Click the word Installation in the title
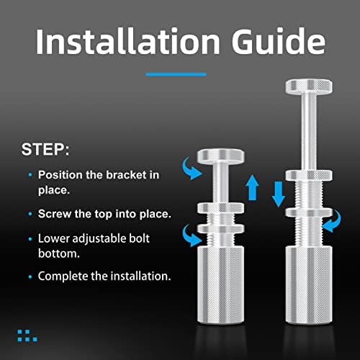coord(127,42)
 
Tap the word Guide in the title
coord(279,41)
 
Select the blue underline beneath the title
coord(176,75)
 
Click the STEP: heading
coord(45,150)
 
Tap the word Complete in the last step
coord(63,276)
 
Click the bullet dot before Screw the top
coord(30,214)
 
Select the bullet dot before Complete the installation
coord(30,276)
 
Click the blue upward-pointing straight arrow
coord(252,187)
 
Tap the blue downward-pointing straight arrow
coord(279,194)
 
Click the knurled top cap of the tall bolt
coord(309,86)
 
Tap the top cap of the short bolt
coord(221,156)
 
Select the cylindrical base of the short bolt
coord(221,285)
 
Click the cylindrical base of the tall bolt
coord(309,285)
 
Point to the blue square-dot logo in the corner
coord(27,336)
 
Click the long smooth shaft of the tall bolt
coord(309,132)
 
